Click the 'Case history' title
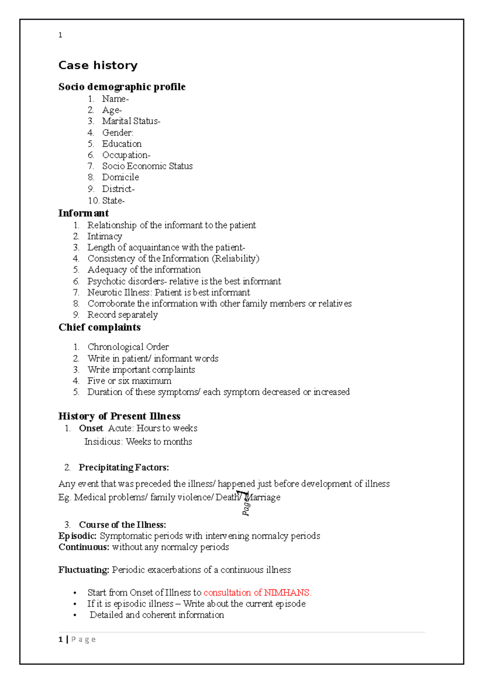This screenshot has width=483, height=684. (x=98, y=65)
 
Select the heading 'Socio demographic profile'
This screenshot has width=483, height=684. (x=122, y=87)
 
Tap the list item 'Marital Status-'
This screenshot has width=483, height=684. (x=131, y=121)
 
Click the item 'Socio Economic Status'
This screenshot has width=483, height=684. (x=147, y=166)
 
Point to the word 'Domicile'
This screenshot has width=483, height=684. (x=120, y=177)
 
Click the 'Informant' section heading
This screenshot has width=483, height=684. (x=83, y=213)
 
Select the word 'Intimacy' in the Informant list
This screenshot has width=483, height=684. (x=105, y=236)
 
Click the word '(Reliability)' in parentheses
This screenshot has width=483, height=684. (x=235, y=259)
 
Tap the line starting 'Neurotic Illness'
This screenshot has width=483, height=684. (x=168, y=292)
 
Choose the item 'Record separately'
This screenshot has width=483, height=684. (x=122, y=315)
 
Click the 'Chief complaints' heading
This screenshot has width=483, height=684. (x=99, y=327)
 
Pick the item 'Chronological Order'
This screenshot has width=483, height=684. (x=128, y=347)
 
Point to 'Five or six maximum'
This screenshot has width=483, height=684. (x=129, y=381)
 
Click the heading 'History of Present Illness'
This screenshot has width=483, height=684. (x=119, y=416)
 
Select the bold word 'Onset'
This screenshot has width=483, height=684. (x=91, y=428)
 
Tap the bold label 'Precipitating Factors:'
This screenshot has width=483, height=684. (x=124, y=467)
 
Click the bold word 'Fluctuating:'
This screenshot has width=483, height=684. (x=84, y=570)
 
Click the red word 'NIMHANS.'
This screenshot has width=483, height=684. (x=287, y=593)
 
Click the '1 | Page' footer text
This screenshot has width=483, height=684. (x=77, y=639)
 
